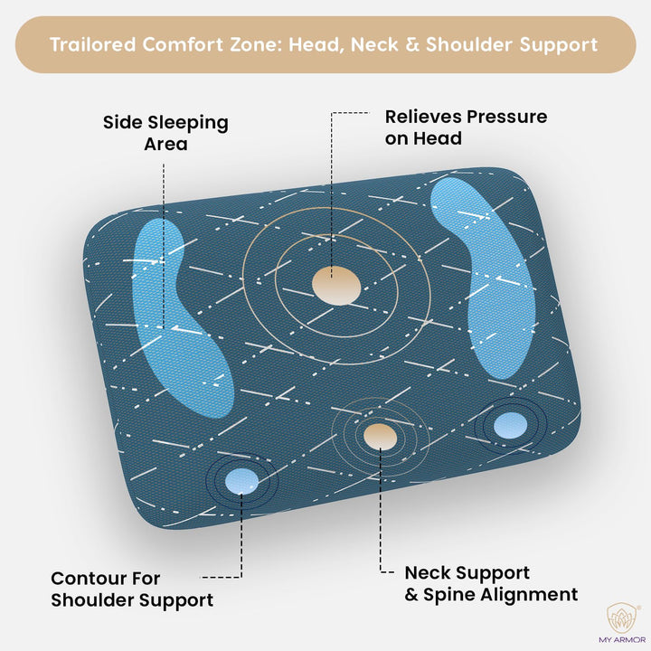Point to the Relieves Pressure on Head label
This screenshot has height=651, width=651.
[466, 127]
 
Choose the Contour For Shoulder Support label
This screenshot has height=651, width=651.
[132, 589]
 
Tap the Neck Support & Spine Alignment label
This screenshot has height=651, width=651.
[491, 583]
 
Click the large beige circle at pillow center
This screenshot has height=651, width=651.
[335, 286]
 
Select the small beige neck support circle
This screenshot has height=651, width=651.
[379, 435]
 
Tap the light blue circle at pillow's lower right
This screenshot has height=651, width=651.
[511, 424]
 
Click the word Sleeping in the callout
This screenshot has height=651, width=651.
[184, 122]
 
